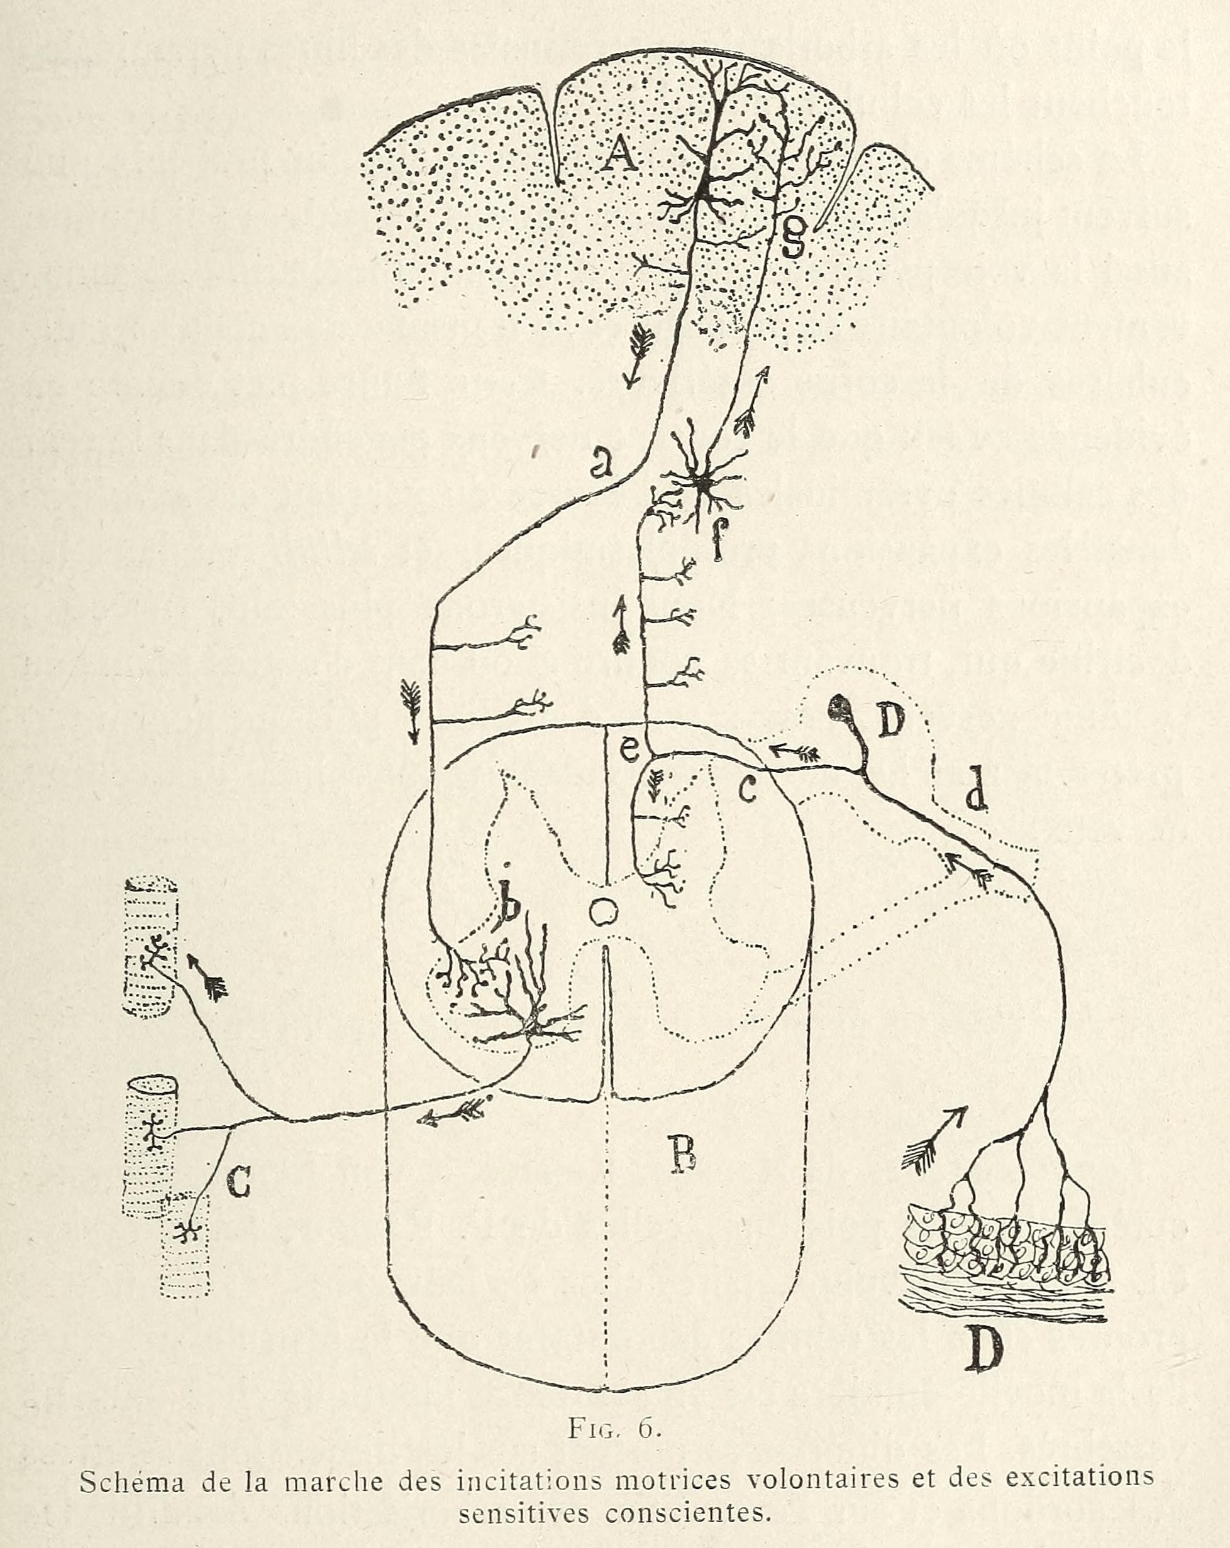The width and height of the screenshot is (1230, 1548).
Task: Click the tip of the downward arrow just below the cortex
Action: click(x=630, y=388)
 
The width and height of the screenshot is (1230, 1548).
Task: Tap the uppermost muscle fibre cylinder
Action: click(x=149, y=946)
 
